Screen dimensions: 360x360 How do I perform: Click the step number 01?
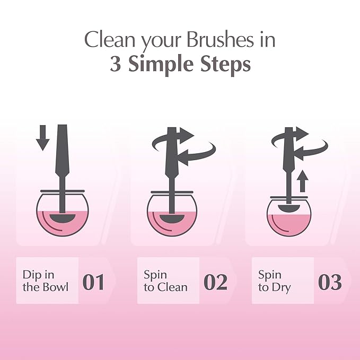94,282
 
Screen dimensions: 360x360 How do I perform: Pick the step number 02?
215,282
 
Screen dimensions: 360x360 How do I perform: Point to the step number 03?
330,282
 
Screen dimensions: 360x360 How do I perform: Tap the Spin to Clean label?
165,281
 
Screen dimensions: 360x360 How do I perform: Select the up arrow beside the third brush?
303,183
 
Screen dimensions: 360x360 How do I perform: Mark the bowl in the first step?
63,215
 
